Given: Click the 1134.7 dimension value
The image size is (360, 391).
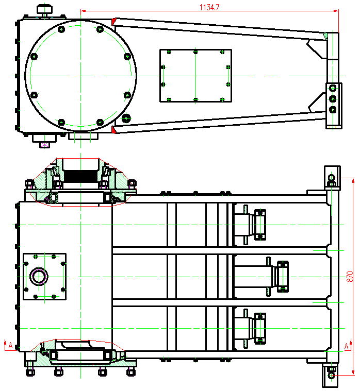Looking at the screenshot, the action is (x=209, y=7).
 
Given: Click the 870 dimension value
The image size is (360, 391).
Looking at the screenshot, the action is (x=350, y=277).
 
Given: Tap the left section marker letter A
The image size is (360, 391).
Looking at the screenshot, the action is (x=10, y=345).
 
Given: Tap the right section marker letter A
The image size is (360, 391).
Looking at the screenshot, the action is (x=346, y=346).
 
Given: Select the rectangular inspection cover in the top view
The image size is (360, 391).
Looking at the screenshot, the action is (x=195, y=76).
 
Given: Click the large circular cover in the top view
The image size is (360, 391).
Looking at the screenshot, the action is (x=80, y=76).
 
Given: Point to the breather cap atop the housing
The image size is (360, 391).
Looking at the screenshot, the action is (x=45, y=10).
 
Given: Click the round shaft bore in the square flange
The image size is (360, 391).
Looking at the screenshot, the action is (x=39, y=276).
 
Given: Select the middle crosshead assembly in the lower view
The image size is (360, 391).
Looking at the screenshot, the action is (x=261, y=277).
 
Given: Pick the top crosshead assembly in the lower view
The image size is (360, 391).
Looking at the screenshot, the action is (x=250, y=225).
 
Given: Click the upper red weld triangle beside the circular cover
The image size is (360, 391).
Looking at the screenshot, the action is (x=113, y=22).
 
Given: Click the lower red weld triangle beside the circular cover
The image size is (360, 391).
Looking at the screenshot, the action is (x=114, y=130).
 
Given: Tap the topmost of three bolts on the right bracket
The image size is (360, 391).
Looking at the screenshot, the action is (x=333, y=88).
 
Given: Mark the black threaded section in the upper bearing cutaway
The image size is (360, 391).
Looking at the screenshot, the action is (x=80, y=176).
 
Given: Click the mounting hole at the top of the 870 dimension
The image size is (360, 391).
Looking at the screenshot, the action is (x=332, y=178).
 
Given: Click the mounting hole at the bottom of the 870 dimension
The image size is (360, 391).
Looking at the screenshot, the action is (x=332, y=375).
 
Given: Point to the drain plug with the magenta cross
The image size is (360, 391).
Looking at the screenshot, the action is (x=44, y=145).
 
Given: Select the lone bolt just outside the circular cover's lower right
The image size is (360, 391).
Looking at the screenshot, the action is (x=126, y=118).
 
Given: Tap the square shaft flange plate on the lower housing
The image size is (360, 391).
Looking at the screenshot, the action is (x=44, y=277).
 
